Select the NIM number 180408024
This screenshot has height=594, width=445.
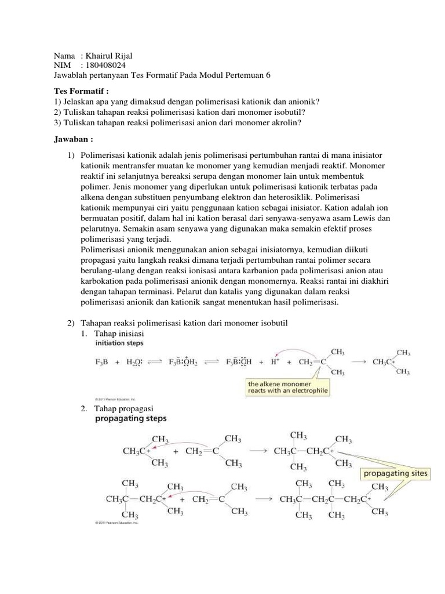[x=108, y=66]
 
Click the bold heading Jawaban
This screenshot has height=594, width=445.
[x=73, y=139]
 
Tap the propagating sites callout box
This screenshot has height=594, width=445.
[x=395, y=473]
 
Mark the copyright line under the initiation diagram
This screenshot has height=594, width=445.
[x=116, y=399]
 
